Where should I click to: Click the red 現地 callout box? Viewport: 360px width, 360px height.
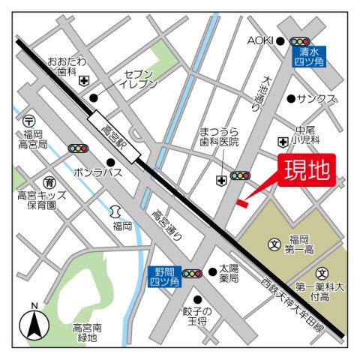[x=306, y=171]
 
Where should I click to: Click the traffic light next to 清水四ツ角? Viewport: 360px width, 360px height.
[x=300, y=42]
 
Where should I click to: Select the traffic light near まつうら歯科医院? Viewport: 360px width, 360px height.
[x=240, y=175]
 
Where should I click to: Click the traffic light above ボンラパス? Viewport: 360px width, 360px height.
[x=79, y=148]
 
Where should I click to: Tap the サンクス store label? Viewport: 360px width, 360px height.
[x=316, y=98]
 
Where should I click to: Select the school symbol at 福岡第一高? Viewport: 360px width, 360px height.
[x=274, y=244]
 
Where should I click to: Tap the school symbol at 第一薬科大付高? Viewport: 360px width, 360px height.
[x=322, y=273]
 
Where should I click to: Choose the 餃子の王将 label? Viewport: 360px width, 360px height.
[x=197, y=315]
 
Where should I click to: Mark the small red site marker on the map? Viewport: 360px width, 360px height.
[x=241, y=201]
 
